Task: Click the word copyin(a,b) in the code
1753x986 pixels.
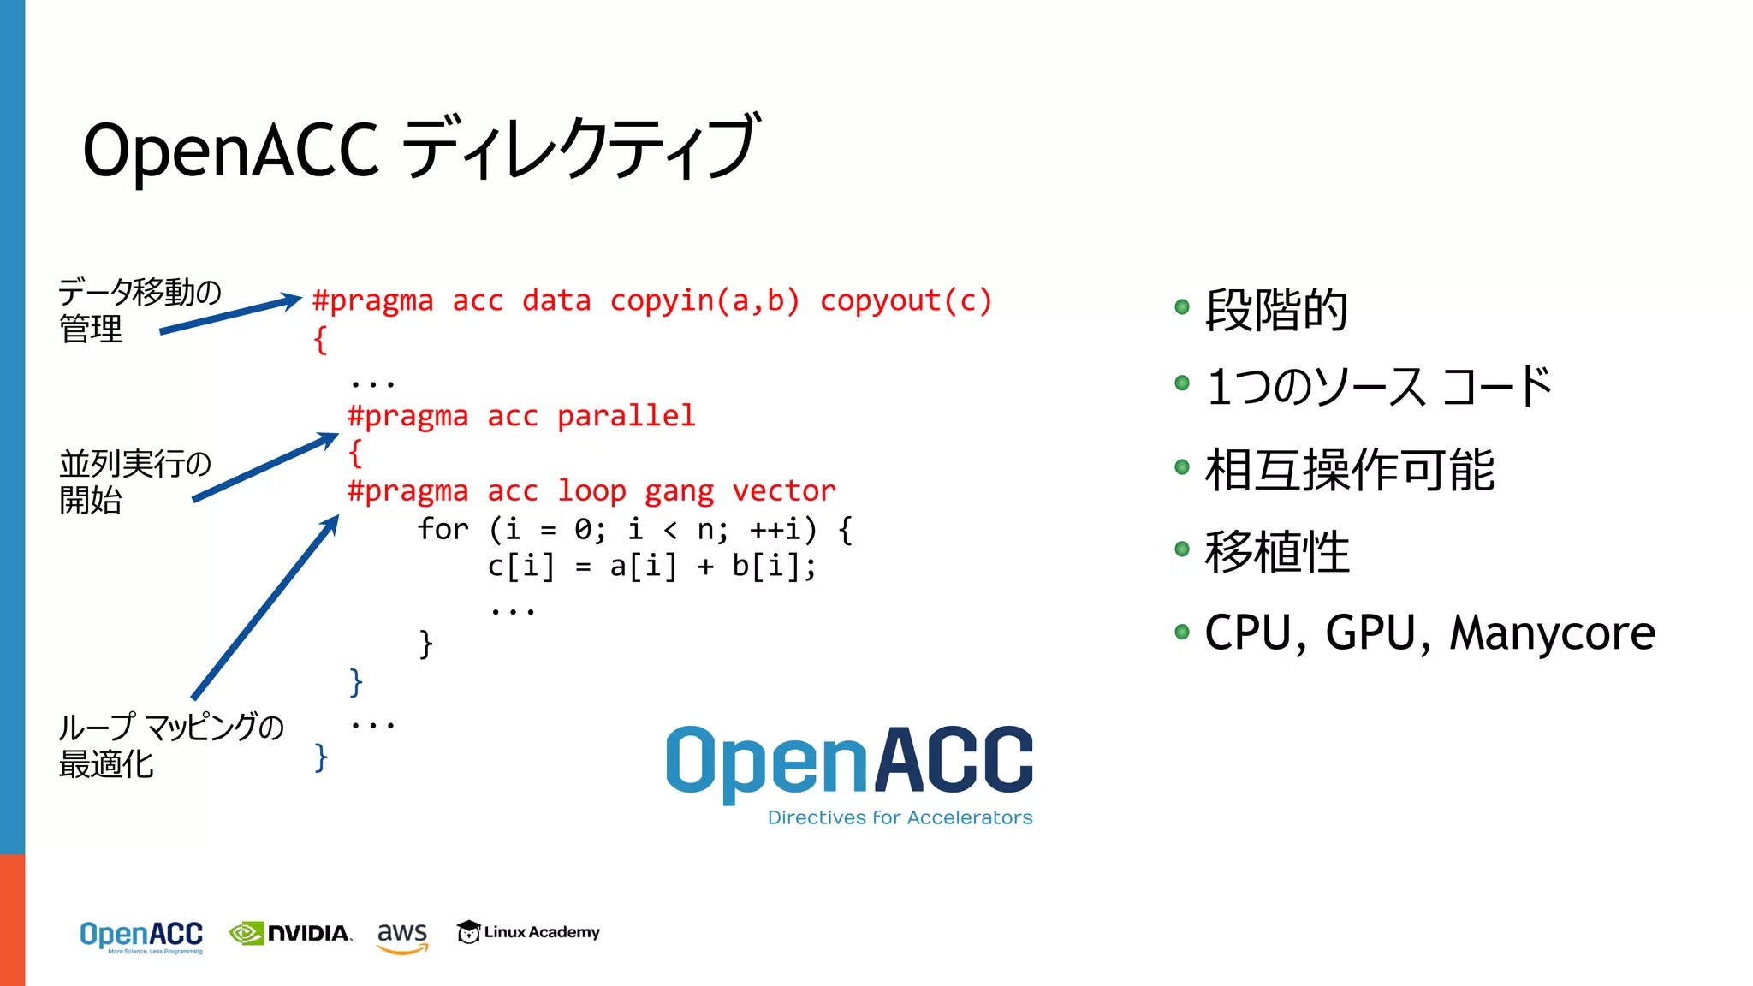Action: click(x=704, y=301)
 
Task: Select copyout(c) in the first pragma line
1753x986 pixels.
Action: click(x=906, y=301)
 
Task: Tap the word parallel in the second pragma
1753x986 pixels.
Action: click(x=626, y=416)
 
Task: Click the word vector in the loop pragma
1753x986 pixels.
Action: click(x=783, y=491)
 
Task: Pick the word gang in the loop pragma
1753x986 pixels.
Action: click(x=679, y=492)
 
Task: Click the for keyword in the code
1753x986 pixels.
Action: click(x=443, y=529)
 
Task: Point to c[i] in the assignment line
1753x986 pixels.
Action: click(x=521, y=567)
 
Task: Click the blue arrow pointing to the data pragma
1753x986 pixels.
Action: click(x=231, y=314)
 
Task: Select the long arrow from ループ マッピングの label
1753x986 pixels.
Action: click(x=265, y=608)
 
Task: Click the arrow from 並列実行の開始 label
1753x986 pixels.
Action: click(x=265, y=467)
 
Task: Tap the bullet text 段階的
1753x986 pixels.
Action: click(x=1276, y=310)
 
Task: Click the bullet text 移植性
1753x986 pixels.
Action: click(x=1276, y=552)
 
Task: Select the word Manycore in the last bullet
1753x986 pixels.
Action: click(x=1552, y=633)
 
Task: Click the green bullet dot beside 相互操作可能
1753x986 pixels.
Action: click(x=1182, y=467)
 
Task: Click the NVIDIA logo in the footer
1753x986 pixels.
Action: click(x=291, y=933)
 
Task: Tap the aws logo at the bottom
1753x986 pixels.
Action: click(x=402, y=936)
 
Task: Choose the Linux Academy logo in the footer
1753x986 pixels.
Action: click(x=528, y=932)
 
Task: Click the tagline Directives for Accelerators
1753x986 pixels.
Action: click(x=900, y=817)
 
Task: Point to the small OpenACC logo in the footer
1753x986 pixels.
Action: click(x=141, y=936)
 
